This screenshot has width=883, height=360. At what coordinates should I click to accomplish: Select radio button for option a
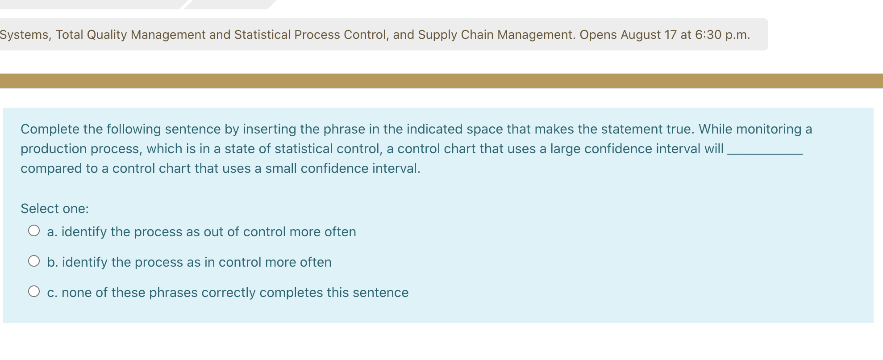tap(34, 231)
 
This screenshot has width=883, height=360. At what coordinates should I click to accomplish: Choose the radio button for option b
tap(34, 261)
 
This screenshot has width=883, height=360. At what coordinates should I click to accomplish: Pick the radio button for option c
tap(34, 292)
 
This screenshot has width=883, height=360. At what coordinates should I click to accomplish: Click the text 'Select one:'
tap(54, 209)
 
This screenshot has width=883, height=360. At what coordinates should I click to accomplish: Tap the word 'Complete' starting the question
tap(50, 129)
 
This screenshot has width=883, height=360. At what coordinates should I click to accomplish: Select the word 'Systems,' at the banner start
tap(25, 34)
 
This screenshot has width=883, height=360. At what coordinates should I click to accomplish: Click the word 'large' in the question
tap(565, 149)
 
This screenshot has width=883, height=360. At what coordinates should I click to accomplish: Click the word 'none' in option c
tap(76, 293)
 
